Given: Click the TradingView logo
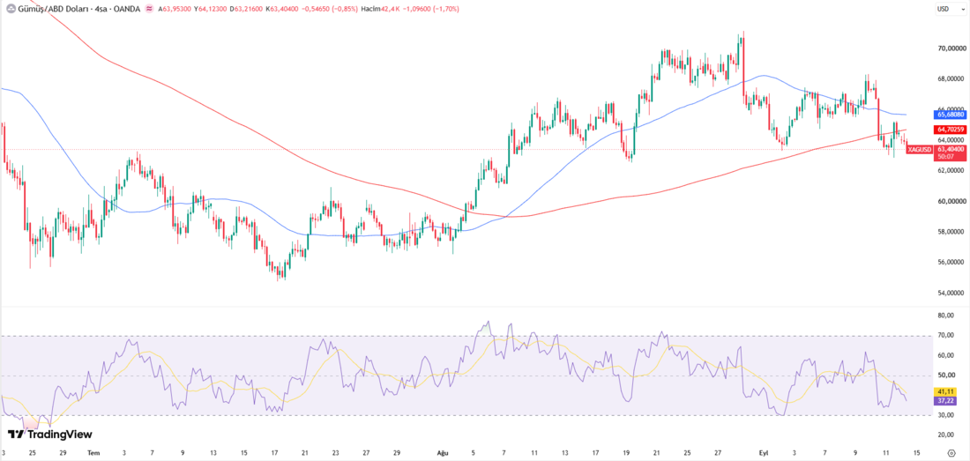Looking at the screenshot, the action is click(x=49, y=435).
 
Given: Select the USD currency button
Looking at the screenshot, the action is click(x=944, y=10).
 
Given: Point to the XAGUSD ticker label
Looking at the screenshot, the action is click(x=921, y=150).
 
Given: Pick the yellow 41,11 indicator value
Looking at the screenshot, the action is click(x=946, y=391).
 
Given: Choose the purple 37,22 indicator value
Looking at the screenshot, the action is click(x=946, y=400).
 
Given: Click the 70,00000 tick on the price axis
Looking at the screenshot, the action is click(x=951, y=48).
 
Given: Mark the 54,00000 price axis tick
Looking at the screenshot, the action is click(x=951, y=293).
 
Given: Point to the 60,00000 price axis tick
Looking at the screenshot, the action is click(x=951, y=202).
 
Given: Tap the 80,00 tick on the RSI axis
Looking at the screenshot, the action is click(x=946, y=316).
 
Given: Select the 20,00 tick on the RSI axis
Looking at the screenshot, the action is click(x=946, y=435).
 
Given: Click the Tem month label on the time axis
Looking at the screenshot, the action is click(x=94, y=452).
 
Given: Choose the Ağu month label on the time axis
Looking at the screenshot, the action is click(x=443, y=452).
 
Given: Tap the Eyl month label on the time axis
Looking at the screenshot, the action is click(x=764, y=452).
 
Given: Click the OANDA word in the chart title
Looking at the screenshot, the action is click(x=125, y=9).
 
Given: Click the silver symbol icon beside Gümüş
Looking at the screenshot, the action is click(x=11, y=9).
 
